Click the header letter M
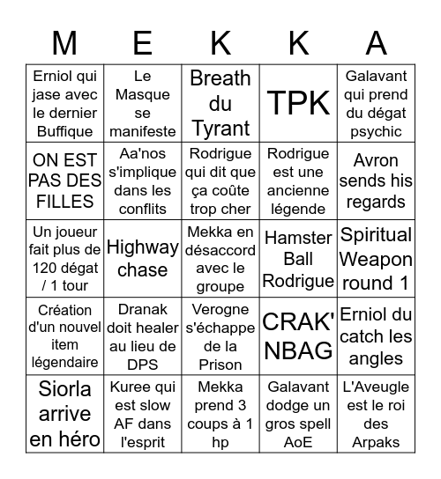tap(64, 43)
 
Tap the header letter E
tap(143, 43)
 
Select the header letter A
tap(377, 43)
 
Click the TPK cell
tap(299, 104)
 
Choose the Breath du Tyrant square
tap(220, 104)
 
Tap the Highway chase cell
tap(143, 259)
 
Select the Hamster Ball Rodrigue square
tap(299, 259)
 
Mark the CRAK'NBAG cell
tap(299, 336)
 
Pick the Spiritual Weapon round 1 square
tap(377, 259)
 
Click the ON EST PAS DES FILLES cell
tap(64, 181)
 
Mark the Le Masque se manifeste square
tap(143, 104)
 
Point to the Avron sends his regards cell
tap(377, 181)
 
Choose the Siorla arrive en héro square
tap(64, 414)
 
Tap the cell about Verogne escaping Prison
tap(220, 336)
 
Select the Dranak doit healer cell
tap(143, 336)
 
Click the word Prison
tap(220, 365)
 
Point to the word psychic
tap(377, 132)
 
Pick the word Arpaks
tap(377, 442)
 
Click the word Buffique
tap(64, 132)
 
